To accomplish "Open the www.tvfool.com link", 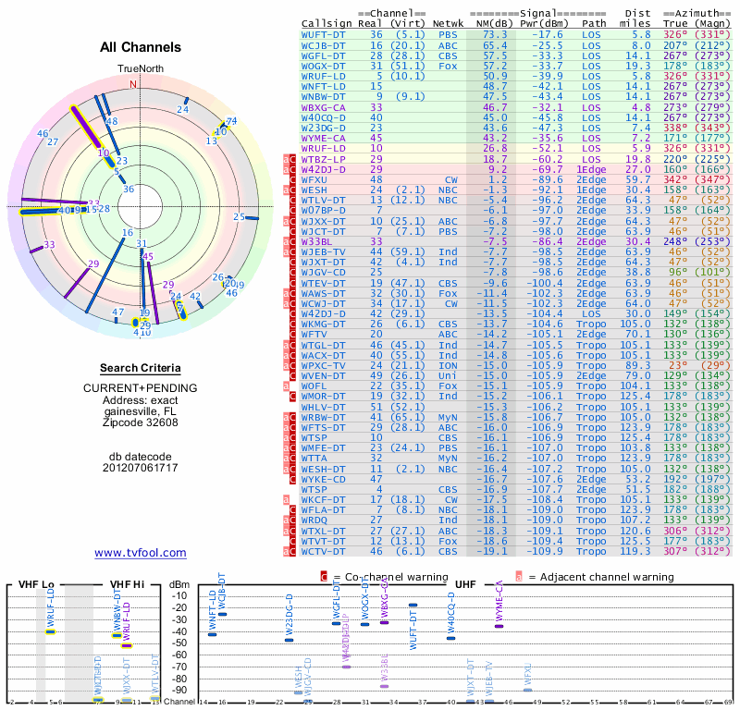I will pos(141,553).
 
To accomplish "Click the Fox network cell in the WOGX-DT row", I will pos(447,66).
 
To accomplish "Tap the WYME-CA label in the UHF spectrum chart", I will pos(499,601).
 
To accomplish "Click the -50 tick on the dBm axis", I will pos(179,643).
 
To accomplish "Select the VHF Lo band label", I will pos(36,585).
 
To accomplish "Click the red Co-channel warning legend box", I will pos(324,577).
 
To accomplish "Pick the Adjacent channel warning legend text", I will pos(606,577).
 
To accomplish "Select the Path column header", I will pos(595,23).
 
